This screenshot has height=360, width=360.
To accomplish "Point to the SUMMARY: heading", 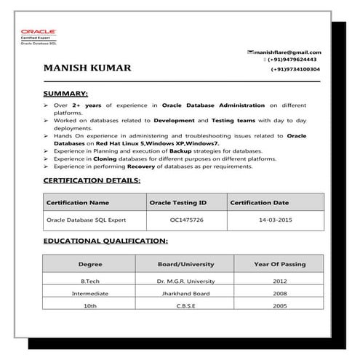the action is pyautogui.click(x=66, y=94).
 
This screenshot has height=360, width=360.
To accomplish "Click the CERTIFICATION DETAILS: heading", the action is pyautogui.click(x=92, y=180).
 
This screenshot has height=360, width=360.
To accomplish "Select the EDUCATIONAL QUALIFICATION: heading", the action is pyautogui.click(x=105, y=240).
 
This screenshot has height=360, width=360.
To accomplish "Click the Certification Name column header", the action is pyautogui.click(x=78, y=202).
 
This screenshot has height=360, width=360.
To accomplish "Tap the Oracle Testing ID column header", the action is pyautogui.click(x=178, y=202).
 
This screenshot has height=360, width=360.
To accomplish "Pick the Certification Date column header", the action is pyautogui.click(x=259, y=202).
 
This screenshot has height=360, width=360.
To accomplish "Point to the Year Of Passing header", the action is pyautogui.click(x=280, y=264).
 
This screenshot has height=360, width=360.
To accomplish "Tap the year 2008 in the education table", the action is pyautogui.click(x=280, y=294).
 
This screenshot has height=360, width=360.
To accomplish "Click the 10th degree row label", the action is pyautogui.click(x=90, y=307).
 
